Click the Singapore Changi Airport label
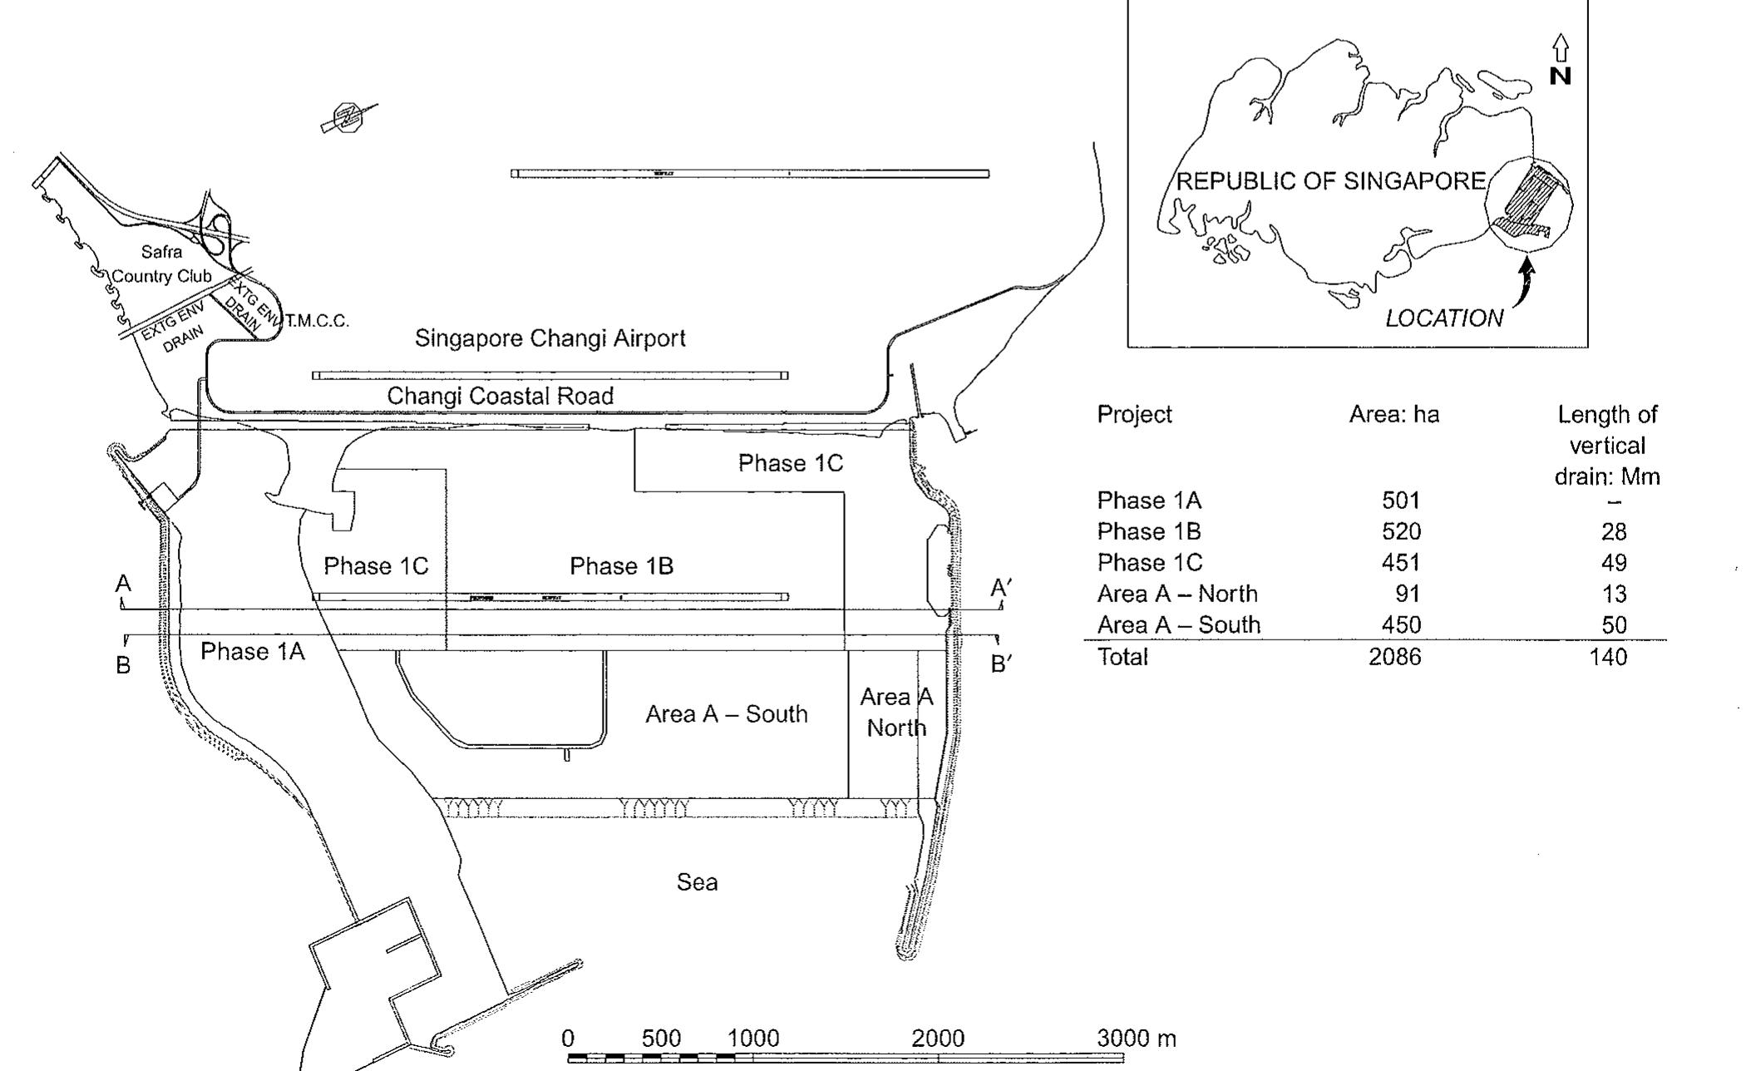click(x=550, y=338)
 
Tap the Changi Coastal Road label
click(x=500, y=396)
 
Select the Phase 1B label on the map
click(x=621, y=566)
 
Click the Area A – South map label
click(x=726, y=714)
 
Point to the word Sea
click(x=697, y=882)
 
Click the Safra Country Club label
click(x=161, y=264)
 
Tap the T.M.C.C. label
click(x=317, y=321)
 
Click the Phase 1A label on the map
click(x=252, y=652)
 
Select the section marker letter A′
click(x=1000, y=589)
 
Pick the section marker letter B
click(x=123, y=666)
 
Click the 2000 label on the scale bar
click(x=938, y=1039)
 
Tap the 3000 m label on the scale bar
click(x=1136, y=1039)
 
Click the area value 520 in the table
click(x=1401, y=531)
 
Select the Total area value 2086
click(x=1394, y=657)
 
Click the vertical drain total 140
click(x=1607, y=657)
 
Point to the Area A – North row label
click(x=1176, y=594)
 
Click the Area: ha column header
click(x=1394, y=414)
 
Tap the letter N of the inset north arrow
click(x=1561, y=76)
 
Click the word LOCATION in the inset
click(x=1443, y=318)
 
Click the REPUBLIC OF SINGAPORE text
click(x=1330, y=181)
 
